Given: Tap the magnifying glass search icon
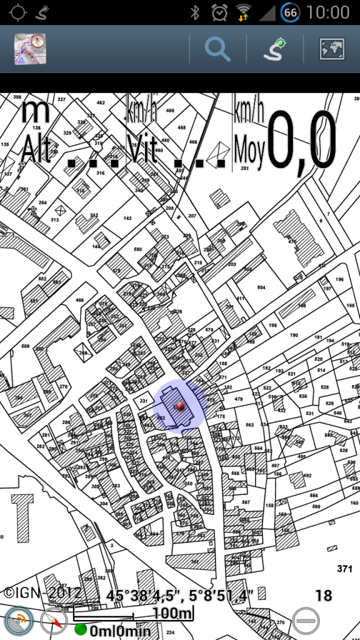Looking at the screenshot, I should (x=217, y=49).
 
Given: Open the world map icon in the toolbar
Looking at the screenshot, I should (x=331, y=49).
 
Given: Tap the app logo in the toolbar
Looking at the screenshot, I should (x=31, y=49).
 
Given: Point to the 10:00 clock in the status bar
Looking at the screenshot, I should (x=328, y=12).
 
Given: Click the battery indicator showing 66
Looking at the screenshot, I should (x=289, y=12).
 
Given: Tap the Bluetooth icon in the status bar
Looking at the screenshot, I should (x=195, y=12).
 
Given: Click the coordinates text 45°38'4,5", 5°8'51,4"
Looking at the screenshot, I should (x=180, y=595).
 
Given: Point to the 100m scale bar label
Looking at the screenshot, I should (x=172, y=613).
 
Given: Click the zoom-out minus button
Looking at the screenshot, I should (x=306, y=620).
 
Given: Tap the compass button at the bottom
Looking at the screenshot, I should (x=54, y=621).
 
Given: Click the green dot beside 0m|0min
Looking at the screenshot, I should (x=81, y=629).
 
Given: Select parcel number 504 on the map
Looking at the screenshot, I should (x=261, y=287).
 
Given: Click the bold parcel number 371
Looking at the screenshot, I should (x=344, y=569).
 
